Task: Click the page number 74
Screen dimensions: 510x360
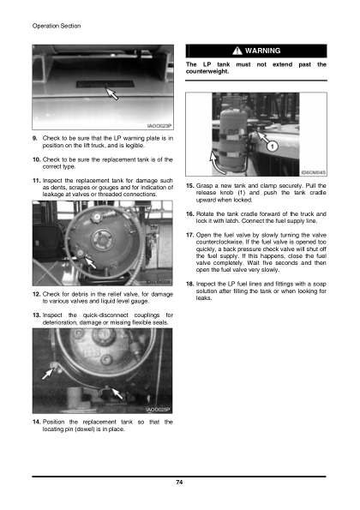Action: [179, 484]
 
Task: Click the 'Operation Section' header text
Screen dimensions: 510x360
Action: [56, 26]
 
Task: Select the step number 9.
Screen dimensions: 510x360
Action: [34, 137]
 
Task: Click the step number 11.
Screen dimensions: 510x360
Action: [36, 178]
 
